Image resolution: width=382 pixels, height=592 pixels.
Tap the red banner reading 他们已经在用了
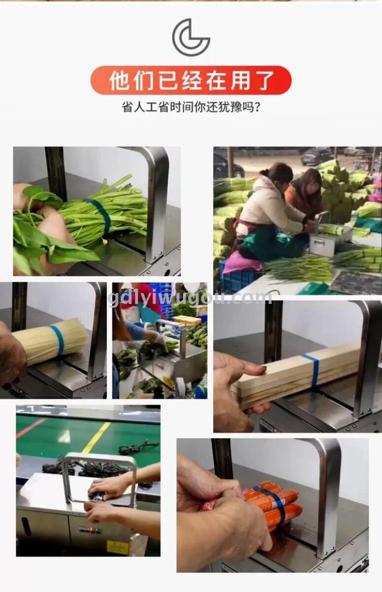coord(191,80)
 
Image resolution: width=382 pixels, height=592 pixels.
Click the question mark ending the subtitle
coord(257,108)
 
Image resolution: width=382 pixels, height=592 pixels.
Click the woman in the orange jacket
coord(305,195)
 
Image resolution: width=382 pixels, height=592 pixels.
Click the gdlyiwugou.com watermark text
coord(190,298)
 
